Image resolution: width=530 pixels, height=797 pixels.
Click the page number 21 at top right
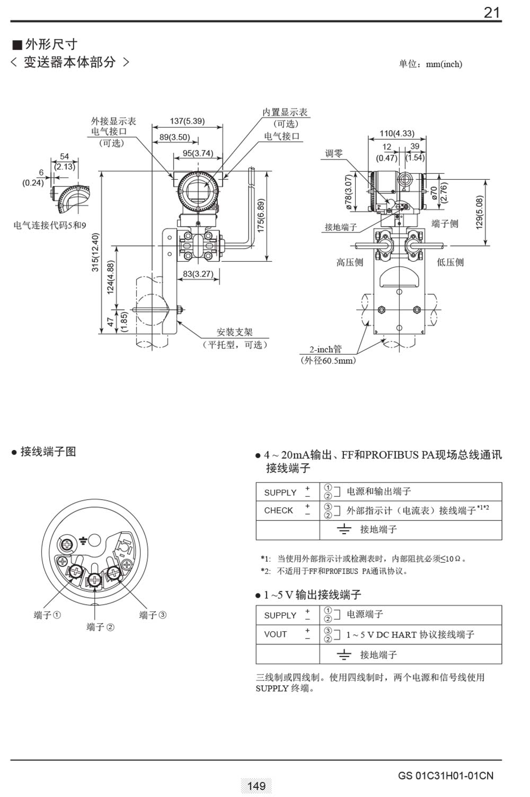[x=492, y=12]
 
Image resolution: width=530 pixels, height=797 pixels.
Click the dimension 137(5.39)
[x=187, y=121]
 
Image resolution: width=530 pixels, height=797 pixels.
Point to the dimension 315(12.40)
[x=95, y=252]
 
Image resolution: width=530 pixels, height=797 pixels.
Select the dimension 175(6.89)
[x=261, y=216]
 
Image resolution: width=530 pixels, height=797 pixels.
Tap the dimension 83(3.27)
[x=198, y=274]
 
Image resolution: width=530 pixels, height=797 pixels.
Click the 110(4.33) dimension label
[x=397, y=134]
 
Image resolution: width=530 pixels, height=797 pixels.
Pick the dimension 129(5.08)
[x=480, y=212]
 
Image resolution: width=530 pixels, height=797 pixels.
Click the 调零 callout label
[x=334, y=153]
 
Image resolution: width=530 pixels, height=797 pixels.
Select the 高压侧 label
[x=350, y=262]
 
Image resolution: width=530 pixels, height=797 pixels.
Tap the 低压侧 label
[x=450, y=262]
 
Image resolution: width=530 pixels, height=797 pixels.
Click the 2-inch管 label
[x=326, y=349]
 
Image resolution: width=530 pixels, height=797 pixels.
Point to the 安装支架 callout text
[x=234, y=332]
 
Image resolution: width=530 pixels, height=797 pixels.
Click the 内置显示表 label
[x=285, y=112]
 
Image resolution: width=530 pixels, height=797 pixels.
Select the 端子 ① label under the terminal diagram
[x=47, y=615]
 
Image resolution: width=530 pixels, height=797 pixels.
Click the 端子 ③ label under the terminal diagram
[x=153, y=615]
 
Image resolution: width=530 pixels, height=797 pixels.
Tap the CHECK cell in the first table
[x=278, y=510]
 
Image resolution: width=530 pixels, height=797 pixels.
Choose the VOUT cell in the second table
[x=275, y=634]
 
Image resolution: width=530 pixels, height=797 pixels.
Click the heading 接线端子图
[x=48, y=451]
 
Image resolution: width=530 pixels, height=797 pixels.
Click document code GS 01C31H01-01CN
[x=445, y=776]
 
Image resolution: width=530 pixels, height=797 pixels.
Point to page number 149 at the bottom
[x=257, y=786]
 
